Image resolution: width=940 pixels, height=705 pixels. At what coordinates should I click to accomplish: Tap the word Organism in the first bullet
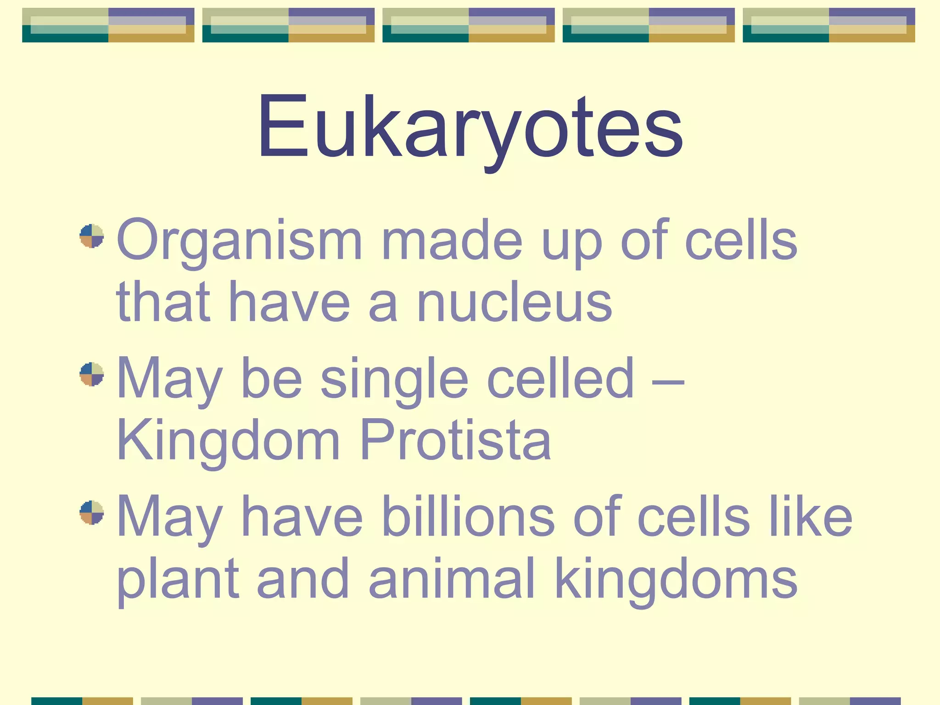tap(239, 241)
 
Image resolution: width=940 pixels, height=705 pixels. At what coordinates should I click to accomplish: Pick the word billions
tap(468, 516)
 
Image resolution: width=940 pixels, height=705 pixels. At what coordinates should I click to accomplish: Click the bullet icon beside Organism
tap(92, 236)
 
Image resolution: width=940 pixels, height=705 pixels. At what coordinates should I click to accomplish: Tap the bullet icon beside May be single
tap(92, 374)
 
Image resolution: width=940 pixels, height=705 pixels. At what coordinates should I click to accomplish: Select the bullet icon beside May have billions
tap(92, 512)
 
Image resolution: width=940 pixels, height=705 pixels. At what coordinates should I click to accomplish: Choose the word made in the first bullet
tap(452, 241)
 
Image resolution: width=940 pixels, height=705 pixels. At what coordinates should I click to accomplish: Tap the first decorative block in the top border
tap(108, 25)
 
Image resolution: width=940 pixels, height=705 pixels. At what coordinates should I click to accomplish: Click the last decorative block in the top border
tap(829, 25)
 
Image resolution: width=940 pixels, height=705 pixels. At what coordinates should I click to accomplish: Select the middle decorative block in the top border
tap(469, 25)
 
